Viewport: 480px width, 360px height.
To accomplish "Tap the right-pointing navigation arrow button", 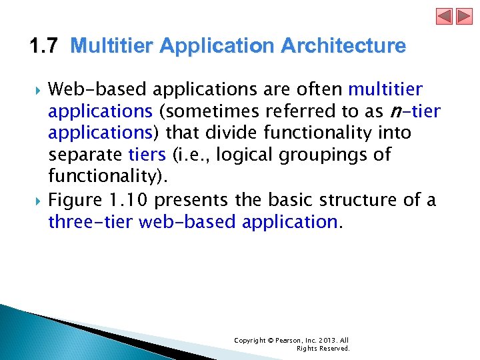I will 463,16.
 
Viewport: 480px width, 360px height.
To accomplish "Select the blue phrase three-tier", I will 91,222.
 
